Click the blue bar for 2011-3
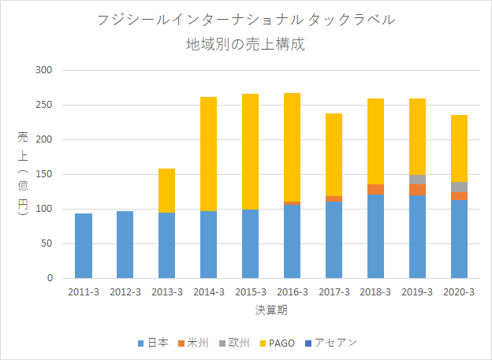[84, 246]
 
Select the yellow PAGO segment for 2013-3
[166, 191]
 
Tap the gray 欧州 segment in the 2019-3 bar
[417, 180]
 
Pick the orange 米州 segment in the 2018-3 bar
[375, 189]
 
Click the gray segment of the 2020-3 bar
[459, 187]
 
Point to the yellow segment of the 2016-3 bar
[292, 147]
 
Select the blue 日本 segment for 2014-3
[208, 245]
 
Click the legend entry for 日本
[153, 343]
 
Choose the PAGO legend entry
[278, 343]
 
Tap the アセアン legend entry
[331, 343]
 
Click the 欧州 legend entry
[234, 343]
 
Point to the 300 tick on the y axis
[43, 70]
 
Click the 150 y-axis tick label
[43, 174]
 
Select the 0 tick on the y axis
[50, 278]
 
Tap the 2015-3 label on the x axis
[251, 292]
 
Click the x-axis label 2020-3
[459, 292]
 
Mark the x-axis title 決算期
[271, 310]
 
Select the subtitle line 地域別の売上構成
[246, 44]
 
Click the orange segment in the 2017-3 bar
[334, 199]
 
